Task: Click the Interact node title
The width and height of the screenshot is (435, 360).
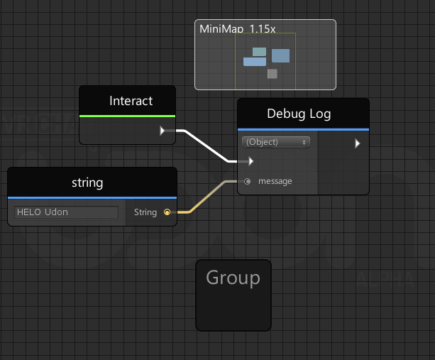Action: (131, 101)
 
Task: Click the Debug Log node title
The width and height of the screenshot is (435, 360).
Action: (299, 114)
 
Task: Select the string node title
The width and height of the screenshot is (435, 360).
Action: (87, 183)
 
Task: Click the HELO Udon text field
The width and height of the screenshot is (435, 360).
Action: (66, 212)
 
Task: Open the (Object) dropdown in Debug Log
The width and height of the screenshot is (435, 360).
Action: (276, 142)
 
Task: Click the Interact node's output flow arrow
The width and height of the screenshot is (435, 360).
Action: (163, 131)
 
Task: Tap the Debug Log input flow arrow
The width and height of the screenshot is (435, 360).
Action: (250, 161)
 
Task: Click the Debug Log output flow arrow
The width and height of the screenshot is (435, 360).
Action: (358, 143)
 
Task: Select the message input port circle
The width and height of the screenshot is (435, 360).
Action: (247, 182)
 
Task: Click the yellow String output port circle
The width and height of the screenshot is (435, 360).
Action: (167, 212)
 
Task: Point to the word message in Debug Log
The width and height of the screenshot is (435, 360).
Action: (275, 181)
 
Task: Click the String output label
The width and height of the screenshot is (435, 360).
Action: (145, 212)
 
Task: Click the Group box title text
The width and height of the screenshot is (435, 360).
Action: (233, 278)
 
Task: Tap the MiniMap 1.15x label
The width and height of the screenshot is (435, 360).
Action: (238, 29)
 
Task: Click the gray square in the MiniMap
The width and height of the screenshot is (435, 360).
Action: (272, 74)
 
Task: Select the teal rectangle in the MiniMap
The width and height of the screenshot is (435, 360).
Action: (260, 52)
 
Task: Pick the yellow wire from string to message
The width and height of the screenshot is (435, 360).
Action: (207, 197)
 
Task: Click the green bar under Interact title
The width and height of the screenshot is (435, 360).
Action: (127, 116)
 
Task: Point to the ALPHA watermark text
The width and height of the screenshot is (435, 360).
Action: (385, 279)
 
